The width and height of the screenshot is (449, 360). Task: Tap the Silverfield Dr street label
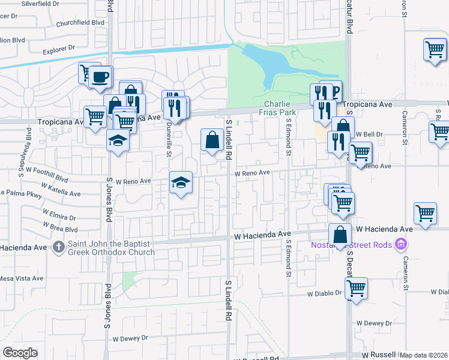41,4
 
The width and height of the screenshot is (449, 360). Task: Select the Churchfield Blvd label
80,24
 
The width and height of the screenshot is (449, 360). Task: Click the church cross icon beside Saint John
58,246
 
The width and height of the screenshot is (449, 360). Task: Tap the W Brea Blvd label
60,229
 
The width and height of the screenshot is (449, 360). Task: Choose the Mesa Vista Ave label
22,278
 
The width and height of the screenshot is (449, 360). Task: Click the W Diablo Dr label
324,295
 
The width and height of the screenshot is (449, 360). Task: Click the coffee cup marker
101,76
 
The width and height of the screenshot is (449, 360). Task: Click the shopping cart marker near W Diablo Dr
357,287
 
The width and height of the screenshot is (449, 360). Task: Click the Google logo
20,353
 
